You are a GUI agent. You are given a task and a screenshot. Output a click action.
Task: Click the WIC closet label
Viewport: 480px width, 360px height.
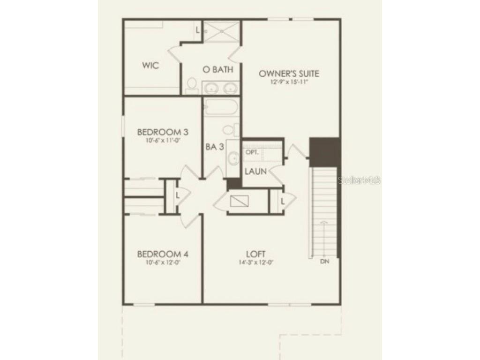coord(150,66)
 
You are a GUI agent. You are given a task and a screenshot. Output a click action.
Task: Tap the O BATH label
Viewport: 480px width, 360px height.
coord(218,70)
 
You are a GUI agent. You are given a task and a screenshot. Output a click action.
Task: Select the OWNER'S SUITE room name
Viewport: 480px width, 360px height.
coord(289,74)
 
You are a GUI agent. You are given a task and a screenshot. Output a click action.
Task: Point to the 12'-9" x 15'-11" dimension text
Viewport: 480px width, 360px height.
coord(289,82)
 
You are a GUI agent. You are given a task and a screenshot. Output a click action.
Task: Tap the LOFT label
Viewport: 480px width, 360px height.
coord(255,254)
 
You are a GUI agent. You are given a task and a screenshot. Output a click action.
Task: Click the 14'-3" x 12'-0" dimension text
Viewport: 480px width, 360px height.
coord(255,262)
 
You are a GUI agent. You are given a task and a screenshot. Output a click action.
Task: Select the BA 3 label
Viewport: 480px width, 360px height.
coord(215,147)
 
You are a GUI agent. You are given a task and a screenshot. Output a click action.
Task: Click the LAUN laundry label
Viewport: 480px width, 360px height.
coord(255,172)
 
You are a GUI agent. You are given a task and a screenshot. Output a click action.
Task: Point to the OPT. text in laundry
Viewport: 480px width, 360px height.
coord(252,152)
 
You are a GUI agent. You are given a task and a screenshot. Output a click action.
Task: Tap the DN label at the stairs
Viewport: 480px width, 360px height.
coord(325,261)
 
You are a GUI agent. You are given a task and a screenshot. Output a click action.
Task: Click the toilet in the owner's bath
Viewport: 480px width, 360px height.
coord(191,85)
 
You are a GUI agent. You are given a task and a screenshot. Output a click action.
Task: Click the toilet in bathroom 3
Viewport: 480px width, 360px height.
coord(229,129)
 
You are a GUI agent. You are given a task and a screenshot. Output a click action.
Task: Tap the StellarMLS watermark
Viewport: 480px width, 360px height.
coord(359,180)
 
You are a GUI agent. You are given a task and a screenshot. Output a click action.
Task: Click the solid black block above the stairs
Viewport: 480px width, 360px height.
coord(324,151)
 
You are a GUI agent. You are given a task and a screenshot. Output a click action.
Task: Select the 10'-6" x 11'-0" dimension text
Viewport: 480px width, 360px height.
coord(163,140)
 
